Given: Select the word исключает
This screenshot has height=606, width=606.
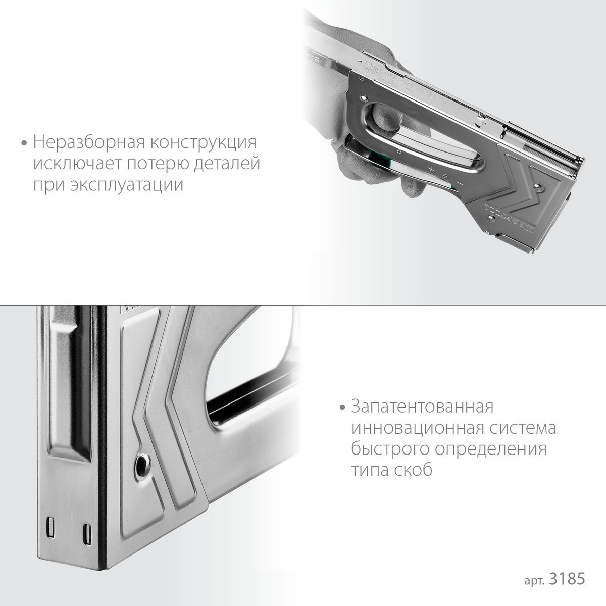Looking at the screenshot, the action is click(x=75, y=164).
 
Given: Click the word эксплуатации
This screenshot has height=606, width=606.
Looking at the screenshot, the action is click(x=126, y=185).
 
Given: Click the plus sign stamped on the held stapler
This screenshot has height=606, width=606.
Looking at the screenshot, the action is click(x=431, y=170).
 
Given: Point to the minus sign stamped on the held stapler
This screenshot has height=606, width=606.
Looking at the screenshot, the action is click(x=460, y=183).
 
